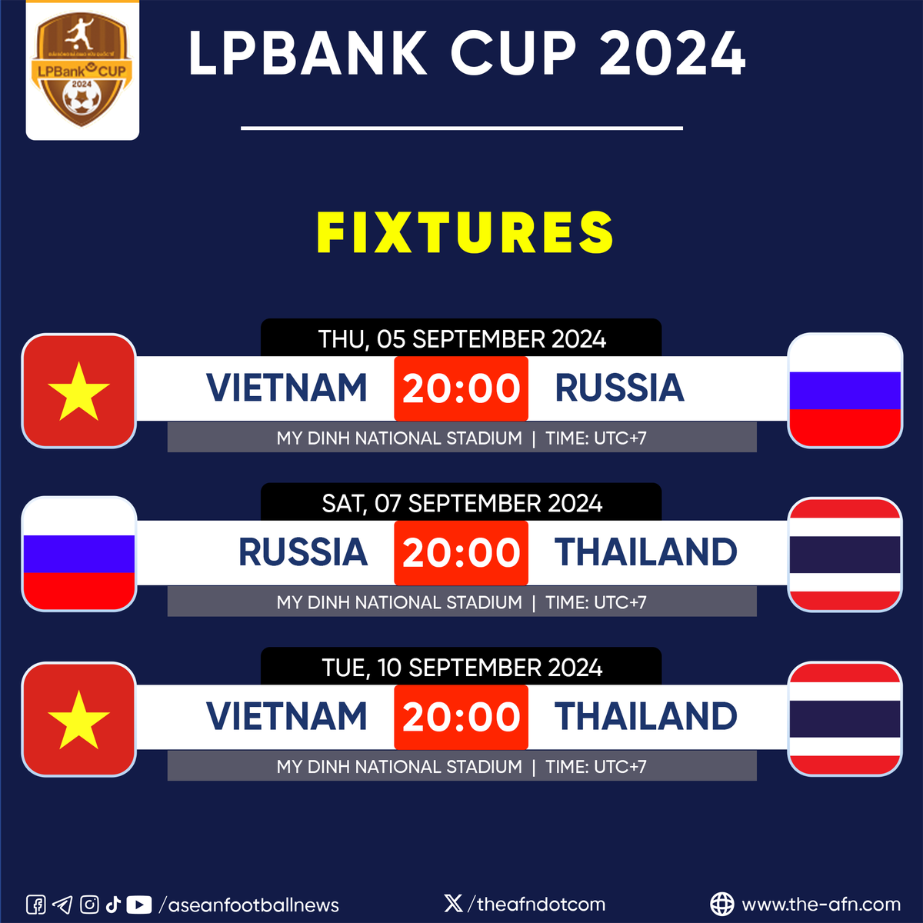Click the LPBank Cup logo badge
coord(82,71)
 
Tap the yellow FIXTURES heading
coord(465,233)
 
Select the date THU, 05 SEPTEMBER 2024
coord(461,339)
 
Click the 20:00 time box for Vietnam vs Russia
coord(461,388)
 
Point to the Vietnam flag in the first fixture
coord(79,391)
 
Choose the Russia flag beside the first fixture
coord(845,391)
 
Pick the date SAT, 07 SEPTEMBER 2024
coord(461,504)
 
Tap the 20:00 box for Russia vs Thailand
coord(461,553)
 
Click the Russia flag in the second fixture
coord(79,554)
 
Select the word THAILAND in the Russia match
coord(645,552)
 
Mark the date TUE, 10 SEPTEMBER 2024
coord(461,668)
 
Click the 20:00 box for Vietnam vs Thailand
coord(461,717)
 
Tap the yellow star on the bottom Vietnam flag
coord(78,720)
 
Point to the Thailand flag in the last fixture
coord(845,718)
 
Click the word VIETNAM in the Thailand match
coord(287,717)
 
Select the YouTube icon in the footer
coord(139,905)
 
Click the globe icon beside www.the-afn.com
coord(721,905)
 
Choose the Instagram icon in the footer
coord(89,905)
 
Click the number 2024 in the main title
coord(672,54)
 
